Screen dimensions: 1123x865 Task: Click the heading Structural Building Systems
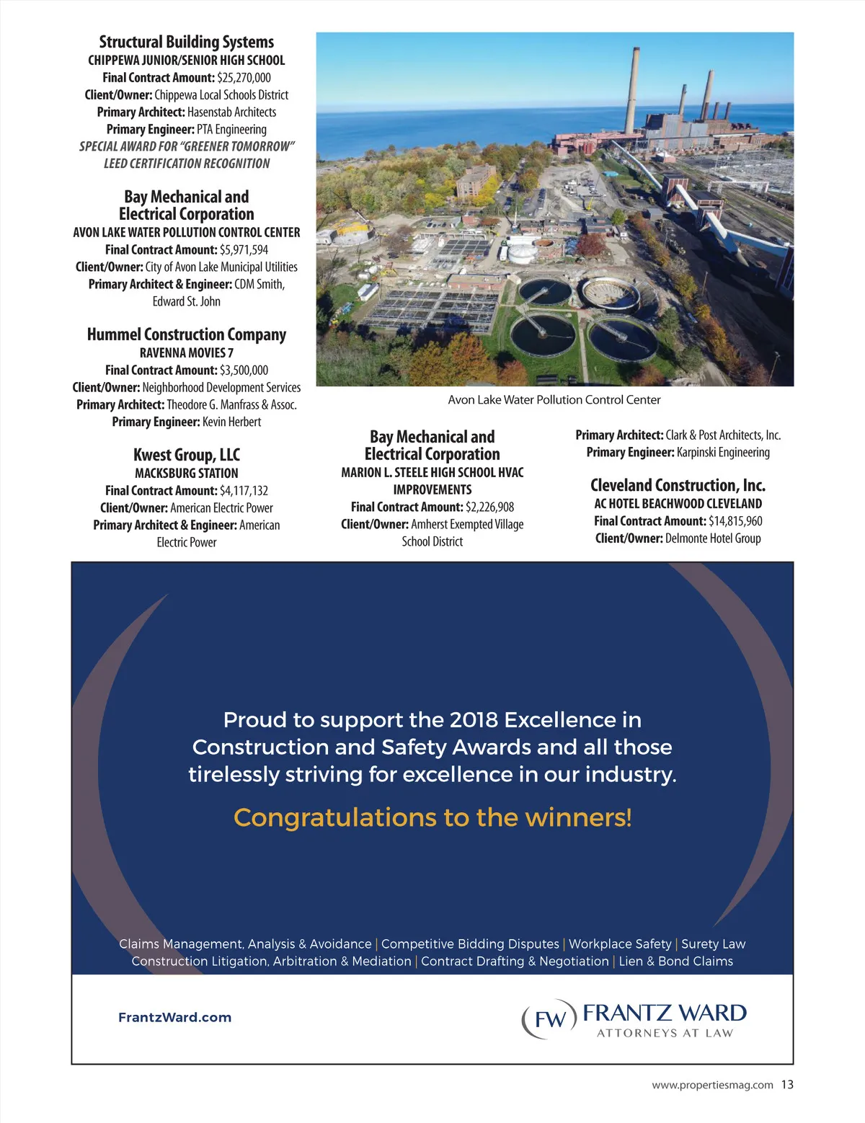(x=186, y=42)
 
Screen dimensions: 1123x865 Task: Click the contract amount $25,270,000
(x=244, y=78)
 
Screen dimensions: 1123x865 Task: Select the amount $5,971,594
(x=244, y=250)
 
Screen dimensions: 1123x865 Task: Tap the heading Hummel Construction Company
(x=186, y=334)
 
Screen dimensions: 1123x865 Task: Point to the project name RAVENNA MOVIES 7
(x=186, y=353)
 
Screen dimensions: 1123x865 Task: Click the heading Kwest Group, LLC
(x=186, y=455)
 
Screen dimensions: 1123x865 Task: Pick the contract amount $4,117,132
(x=244, y=491)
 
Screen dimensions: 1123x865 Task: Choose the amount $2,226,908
(x=489, y=507)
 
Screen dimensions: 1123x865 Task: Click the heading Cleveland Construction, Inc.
(x=678, y=485)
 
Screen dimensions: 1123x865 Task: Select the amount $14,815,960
(x=735, y=521)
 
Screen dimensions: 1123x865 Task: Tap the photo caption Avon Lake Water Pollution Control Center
(x=554, y=400)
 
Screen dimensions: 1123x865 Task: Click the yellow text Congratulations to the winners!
(x=432, y=817)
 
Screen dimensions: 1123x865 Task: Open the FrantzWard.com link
(x=174, y=1018)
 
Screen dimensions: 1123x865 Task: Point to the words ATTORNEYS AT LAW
(x=665, y=1034)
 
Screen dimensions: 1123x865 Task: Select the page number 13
(x=787, y=1085)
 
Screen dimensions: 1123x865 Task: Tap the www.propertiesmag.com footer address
(x=712, y=1085)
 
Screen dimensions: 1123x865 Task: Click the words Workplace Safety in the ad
(x=620, y=944)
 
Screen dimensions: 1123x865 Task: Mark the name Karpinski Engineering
(x=723, y=453)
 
